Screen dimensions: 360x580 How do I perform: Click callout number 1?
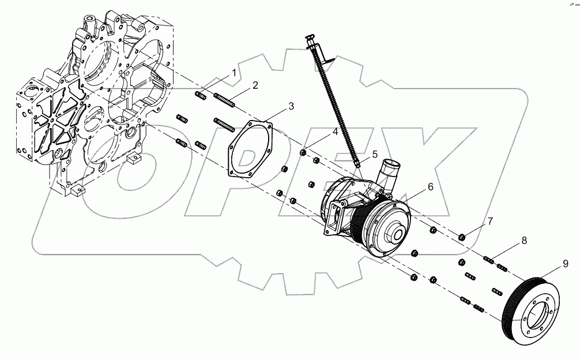coord(234,73)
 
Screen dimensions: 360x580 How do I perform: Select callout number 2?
coord(255,85)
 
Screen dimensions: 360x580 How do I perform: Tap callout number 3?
coord(291,106)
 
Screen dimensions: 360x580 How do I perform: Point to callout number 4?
coord(334,133)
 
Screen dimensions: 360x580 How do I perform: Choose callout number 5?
coord(374,155)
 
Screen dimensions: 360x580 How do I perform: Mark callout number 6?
coord(430,187)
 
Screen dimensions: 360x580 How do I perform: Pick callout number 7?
coord(490,221)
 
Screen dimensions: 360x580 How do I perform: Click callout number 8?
coord(523,241)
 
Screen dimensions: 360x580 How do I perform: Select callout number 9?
coord(565,264)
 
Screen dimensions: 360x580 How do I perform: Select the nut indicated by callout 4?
coord(303,153)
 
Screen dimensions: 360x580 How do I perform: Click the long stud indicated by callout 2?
coord(225,100)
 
